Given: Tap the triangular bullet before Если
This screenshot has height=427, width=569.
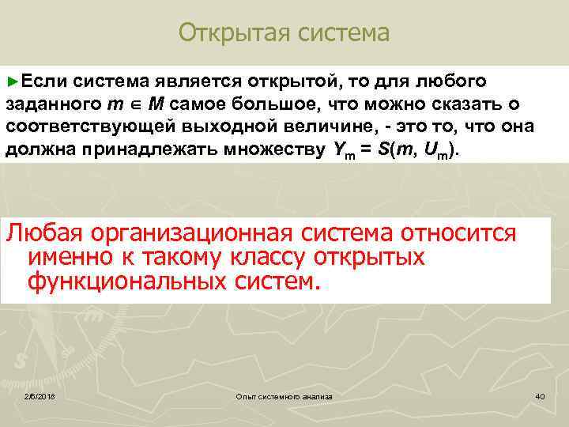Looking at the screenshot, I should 10,81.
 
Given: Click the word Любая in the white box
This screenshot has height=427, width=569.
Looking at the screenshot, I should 45,232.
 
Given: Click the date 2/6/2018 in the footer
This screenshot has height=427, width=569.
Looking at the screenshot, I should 38,395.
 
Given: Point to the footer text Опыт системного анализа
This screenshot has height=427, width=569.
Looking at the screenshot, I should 284,395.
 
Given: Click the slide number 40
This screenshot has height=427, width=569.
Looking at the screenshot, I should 540,395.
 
